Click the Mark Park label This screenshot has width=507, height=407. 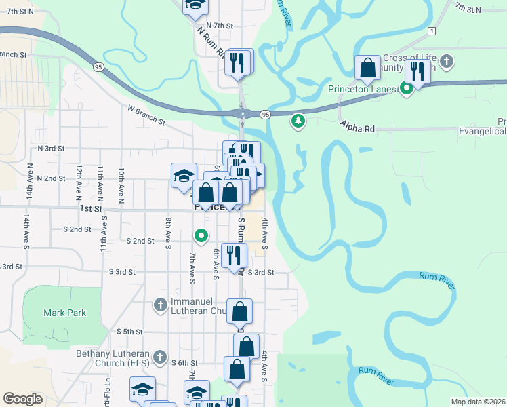(65, 313)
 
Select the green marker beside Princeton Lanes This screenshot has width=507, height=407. (407, 88)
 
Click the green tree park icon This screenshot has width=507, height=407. (298, 121)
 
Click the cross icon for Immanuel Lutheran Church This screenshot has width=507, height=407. (160, 305)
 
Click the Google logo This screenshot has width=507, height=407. (22, 399)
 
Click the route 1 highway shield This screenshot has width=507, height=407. (431, 31)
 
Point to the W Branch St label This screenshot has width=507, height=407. (146, 115)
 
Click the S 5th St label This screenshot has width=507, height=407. (129, 332)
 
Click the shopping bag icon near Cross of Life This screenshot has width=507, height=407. (367, 69)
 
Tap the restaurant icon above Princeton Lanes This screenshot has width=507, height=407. (417, 69)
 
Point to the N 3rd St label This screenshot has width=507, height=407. (51, 148)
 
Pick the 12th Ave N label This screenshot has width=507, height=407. (79, 180)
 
